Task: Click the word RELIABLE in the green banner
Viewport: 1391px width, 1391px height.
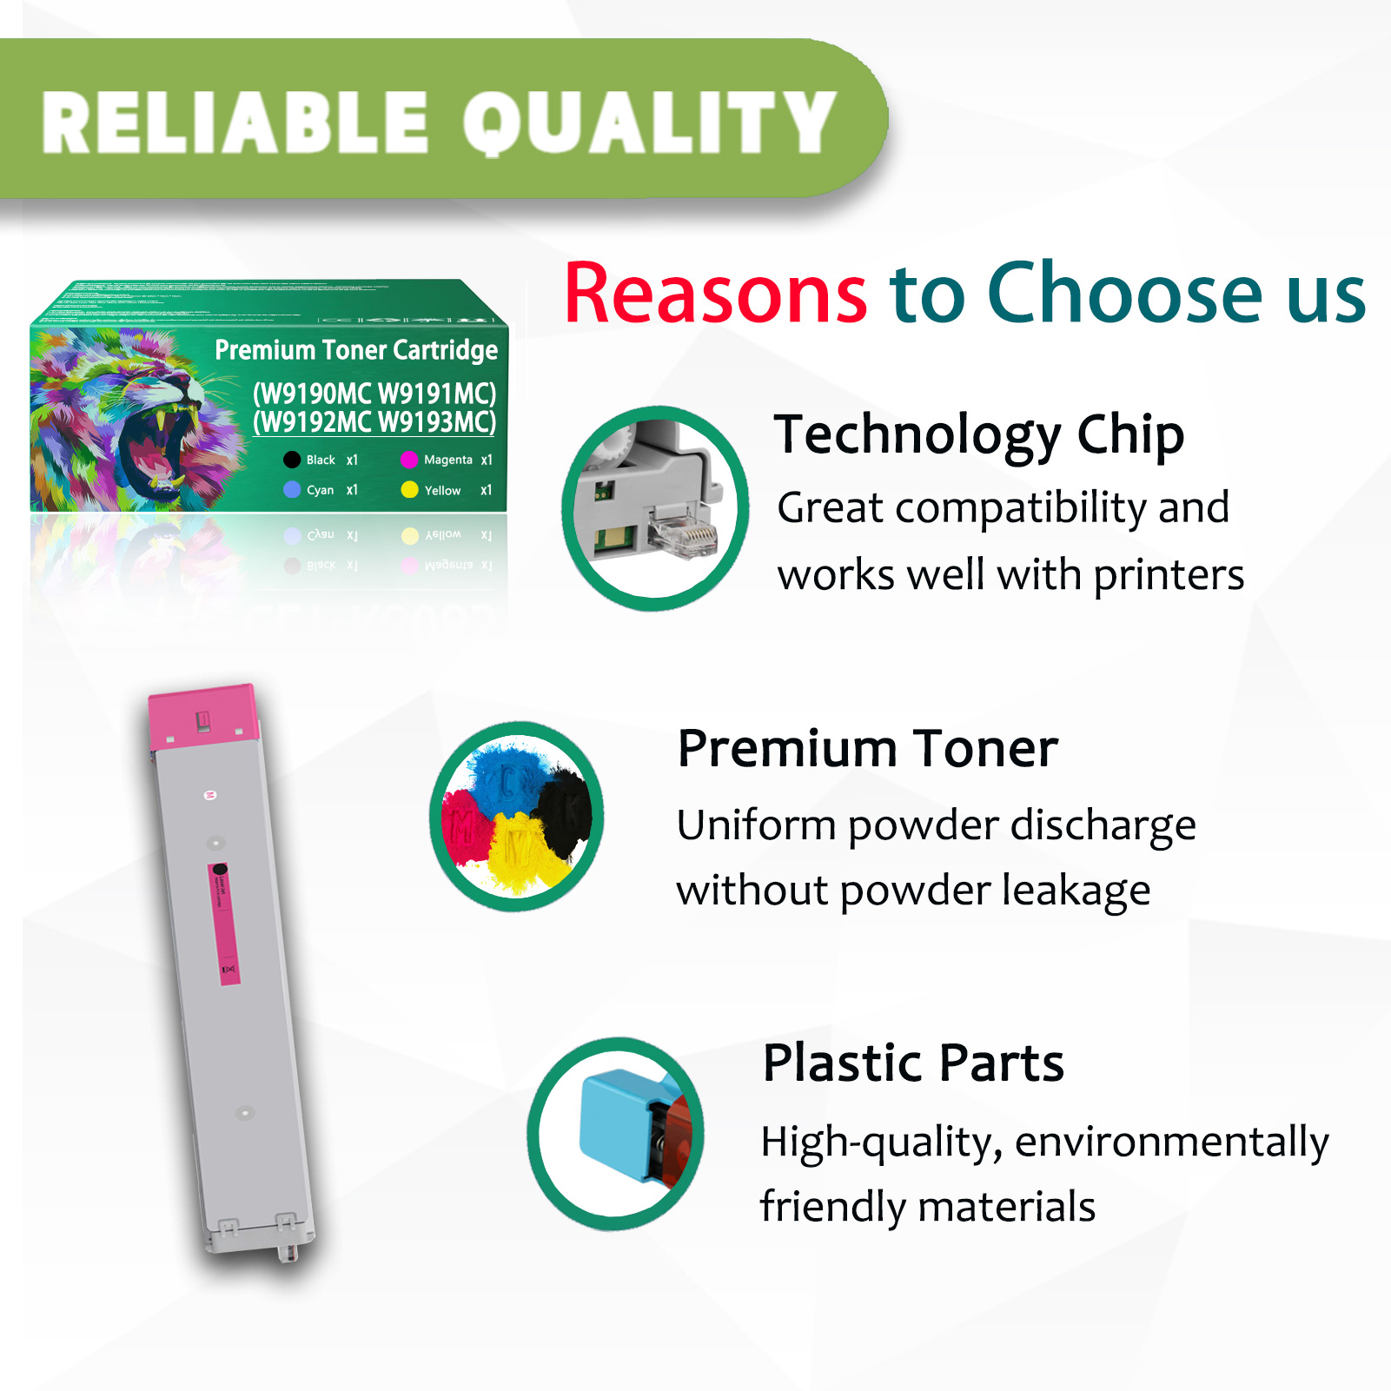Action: click(x=235, y=123)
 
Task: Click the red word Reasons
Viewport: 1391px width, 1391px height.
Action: click(x=715, y=294)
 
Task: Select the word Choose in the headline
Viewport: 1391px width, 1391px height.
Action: click(x=1124, y=294)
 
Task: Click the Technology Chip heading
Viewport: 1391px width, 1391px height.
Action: click(x=979, y=434)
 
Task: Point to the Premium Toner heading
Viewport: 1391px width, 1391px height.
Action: click(x=867, y=749)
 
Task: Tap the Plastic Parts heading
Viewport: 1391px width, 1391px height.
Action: click(x=913, y=1063)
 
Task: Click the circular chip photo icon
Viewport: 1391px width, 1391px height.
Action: click(x=655, y=508)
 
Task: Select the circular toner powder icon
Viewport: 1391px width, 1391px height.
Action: click(x=517, y=817)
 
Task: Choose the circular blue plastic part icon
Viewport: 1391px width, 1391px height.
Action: click(x=616, y=1133)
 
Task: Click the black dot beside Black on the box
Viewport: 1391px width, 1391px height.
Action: click(x=292, y=460)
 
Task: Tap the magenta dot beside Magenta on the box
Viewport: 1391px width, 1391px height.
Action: click(x=409, y=460)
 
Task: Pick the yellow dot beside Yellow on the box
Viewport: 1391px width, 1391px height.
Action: click(x=409, y=490)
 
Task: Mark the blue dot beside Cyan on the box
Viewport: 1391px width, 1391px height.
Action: click(x=292, y=490)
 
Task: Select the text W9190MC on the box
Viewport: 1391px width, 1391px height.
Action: click(x=313, y=394)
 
